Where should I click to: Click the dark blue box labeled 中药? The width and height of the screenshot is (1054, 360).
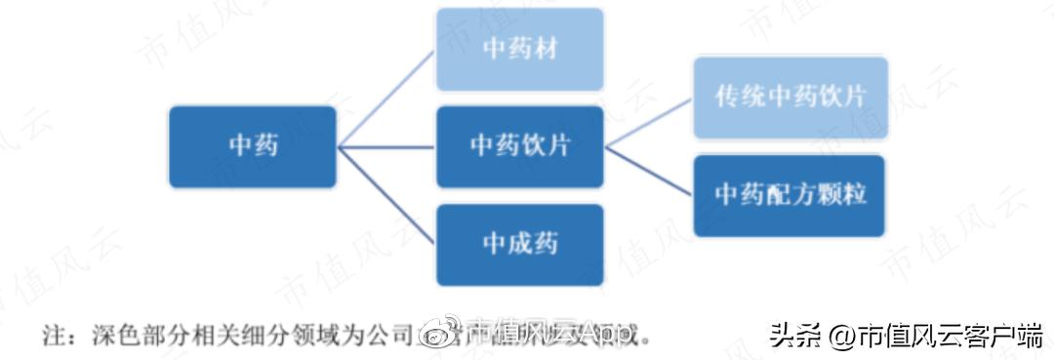tap(253, 146)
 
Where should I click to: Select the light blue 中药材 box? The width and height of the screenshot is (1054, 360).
tap(519, 49)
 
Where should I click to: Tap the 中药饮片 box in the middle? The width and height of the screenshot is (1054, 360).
tap(519, 146)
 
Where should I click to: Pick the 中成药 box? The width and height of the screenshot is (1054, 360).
tap(519, 244)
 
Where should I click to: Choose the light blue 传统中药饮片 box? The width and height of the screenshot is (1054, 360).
tap(790, 97)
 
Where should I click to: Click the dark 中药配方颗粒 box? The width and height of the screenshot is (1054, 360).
tap(790, 195)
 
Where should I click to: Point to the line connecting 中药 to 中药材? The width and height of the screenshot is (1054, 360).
tap(386, 98)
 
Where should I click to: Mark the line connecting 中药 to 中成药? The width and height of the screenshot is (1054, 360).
tap(386, 195)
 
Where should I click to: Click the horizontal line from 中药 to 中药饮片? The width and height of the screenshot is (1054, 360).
tap(386, 147)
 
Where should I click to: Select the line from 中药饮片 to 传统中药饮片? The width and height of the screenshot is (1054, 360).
tap(650, 121)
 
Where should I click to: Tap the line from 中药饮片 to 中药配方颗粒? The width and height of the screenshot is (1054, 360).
tap(650, 172)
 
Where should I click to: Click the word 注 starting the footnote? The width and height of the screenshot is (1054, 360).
tap(52, 337)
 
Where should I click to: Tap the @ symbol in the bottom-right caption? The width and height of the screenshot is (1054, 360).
tap(840, 337)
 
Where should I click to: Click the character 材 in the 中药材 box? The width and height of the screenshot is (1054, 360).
tap(547, 49)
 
